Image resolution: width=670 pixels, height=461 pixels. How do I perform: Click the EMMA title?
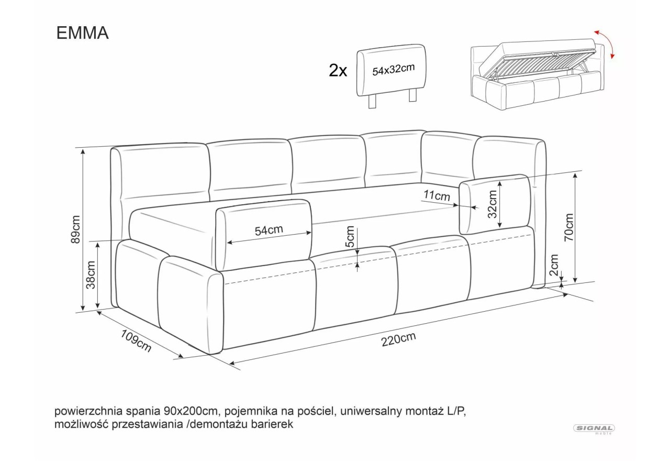[82, 33]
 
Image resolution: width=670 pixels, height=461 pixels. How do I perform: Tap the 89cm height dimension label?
[76, 229]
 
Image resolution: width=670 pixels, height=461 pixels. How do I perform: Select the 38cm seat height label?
[91, 275]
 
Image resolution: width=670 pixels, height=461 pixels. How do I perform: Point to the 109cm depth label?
[136, 341]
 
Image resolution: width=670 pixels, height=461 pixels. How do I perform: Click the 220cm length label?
[398, 339]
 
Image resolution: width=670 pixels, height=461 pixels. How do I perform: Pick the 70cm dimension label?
[568, 227]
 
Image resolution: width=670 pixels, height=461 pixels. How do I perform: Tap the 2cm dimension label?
[554, 265]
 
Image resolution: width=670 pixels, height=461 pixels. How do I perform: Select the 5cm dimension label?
[350, 236]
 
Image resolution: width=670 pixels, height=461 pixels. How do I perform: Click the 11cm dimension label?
[437, 195]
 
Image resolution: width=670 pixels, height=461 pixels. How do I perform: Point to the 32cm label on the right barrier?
[492, 204]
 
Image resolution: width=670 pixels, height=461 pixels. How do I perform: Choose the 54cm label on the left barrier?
[269, 230]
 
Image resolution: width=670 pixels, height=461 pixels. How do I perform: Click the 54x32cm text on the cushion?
[393, 70]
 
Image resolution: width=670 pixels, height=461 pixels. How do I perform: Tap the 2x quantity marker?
[338, 71]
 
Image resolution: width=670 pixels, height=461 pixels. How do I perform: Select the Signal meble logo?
[594, 429]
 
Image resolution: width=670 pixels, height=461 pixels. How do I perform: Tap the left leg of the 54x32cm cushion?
[372, 102]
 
